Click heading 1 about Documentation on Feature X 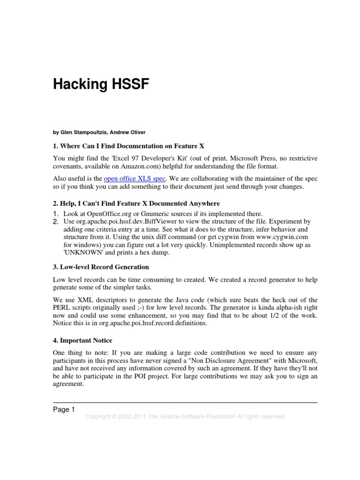coord(129,146)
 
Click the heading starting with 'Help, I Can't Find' coord(136,203)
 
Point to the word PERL coord(62,307)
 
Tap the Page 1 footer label coord(64,410)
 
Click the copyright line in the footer coord(185,417)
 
